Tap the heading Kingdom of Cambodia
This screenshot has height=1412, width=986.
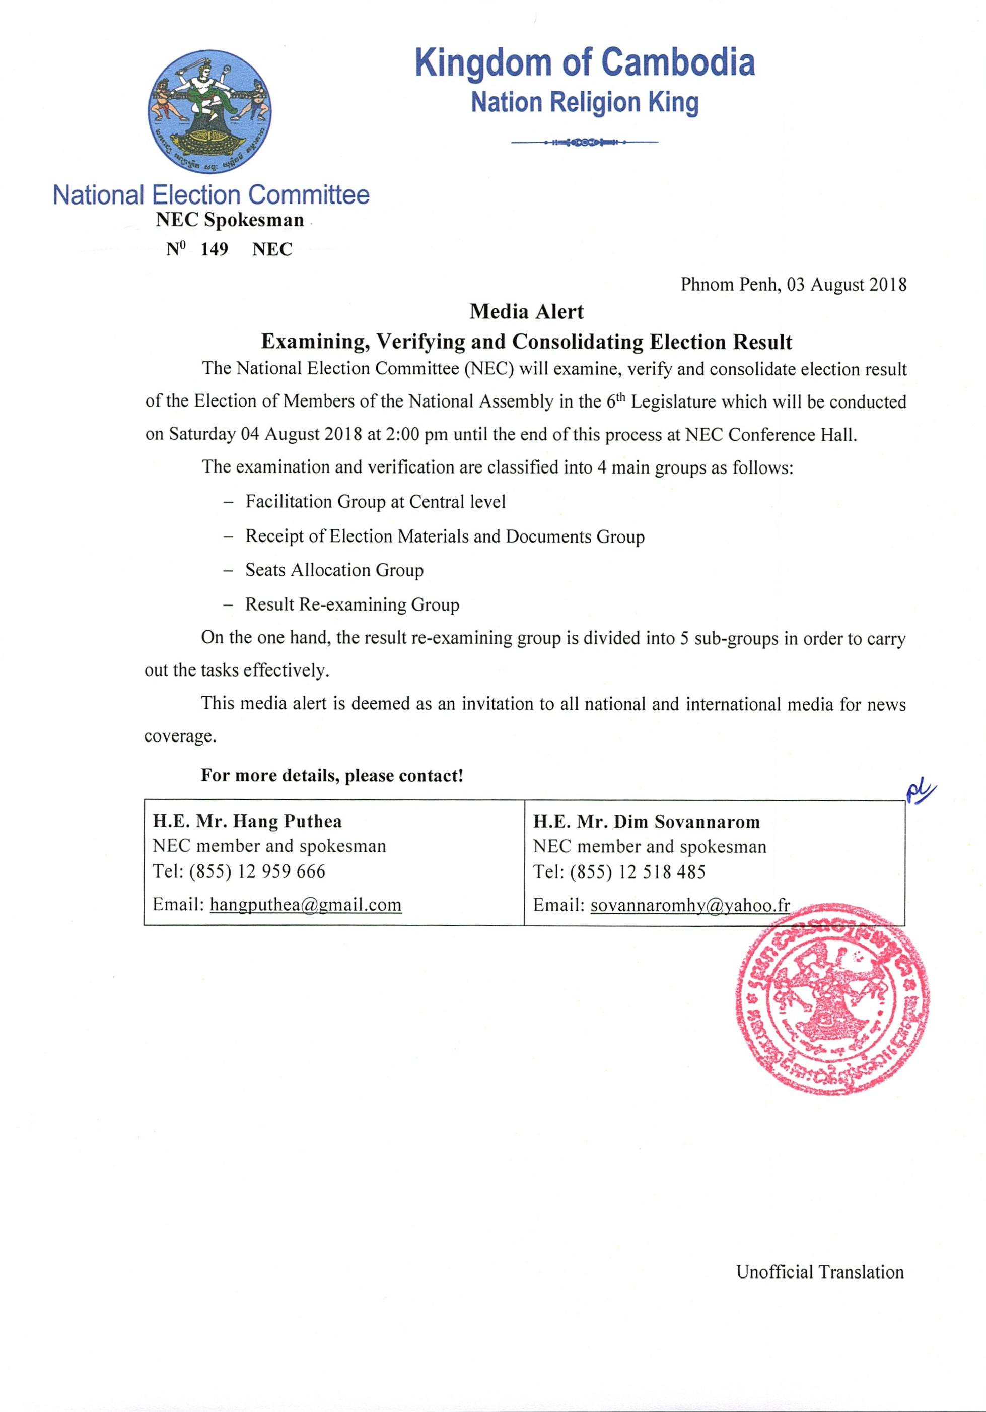(585, 63)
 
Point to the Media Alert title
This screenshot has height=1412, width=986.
(526, 312)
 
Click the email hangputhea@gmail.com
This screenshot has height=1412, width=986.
(306, 905)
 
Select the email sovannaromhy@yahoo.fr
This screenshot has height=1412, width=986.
(690, 905)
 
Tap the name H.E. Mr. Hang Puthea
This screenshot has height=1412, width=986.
(247, 821)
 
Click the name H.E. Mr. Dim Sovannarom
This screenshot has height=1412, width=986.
(646, 822)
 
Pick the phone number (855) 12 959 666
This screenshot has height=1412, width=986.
(257, 871)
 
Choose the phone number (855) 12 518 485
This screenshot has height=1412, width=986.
(638, 872)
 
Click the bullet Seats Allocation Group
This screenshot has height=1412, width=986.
(334, 570)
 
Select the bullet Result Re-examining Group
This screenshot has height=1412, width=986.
(352, 604)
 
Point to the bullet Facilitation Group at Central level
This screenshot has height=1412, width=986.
(375, 502)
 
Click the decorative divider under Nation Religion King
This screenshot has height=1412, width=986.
(584, 142)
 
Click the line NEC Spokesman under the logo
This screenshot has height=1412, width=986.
(229, 220)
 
